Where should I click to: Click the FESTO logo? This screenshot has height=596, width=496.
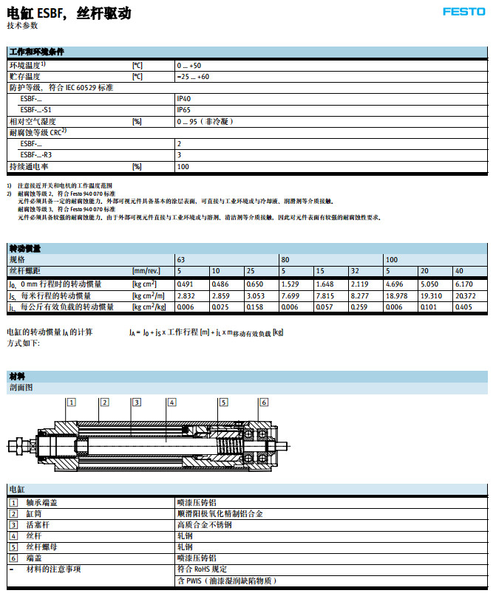coord(464,11)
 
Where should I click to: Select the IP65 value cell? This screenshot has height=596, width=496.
coord(184,109)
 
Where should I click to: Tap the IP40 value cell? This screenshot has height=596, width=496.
coord(184,97)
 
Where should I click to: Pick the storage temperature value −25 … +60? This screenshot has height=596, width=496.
coord(194,76)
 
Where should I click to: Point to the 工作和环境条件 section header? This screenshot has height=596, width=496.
coord(36,52)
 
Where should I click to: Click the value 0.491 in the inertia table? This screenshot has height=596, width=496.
coord(185,284)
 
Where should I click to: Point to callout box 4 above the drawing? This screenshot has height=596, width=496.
coord(171,402)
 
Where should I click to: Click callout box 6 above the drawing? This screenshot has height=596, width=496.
coord(262,402)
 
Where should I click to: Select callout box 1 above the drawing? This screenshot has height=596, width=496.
coord(71,402)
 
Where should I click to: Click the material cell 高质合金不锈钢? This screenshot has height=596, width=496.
coord(205,525)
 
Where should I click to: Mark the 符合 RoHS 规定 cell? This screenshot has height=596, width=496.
coord(204,569)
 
